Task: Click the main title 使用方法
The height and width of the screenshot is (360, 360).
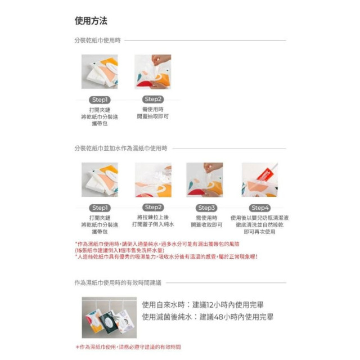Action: pyautogui.click(x=91, y=21)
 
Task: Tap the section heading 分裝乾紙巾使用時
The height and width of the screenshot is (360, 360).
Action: pyautogui.click(x=97, y=40)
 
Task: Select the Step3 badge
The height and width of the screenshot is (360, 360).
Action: pyautogui.click(x=206, y=208)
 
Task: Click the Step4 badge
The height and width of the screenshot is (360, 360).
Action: pyautogui.click(x=260, y=208)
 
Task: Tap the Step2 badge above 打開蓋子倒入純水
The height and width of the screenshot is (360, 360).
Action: pyautogui.click(x=153, y=208)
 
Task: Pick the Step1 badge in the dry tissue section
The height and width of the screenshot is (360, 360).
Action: pyautogui.click(x=99, y=100)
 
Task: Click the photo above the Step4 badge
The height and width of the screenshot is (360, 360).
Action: pyautogui.click(x=259, y=180)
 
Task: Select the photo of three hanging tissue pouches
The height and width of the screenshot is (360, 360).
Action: pyautogui.click(x=109, y=318)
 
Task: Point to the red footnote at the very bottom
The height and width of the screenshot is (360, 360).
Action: pyautogui.click(x=128, y=347)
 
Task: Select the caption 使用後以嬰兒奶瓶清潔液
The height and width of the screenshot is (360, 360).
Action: pyautogui.click(x=259, y=217)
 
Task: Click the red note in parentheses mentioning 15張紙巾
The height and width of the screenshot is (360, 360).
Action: pyautogui.click(x=119, y=249)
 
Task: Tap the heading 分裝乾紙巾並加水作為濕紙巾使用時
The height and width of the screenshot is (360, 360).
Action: pyautogui.click(x=120, y=148)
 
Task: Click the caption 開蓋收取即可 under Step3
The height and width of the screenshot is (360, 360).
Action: pyautogui.click(x=206, y=224)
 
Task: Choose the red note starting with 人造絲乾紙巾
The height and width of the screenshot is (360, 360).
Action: pyautogui.click(x=166, y=256)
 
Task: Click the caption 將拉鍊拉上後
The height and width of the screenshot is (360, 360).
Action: pyautogui.click(x=152, y=217)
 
